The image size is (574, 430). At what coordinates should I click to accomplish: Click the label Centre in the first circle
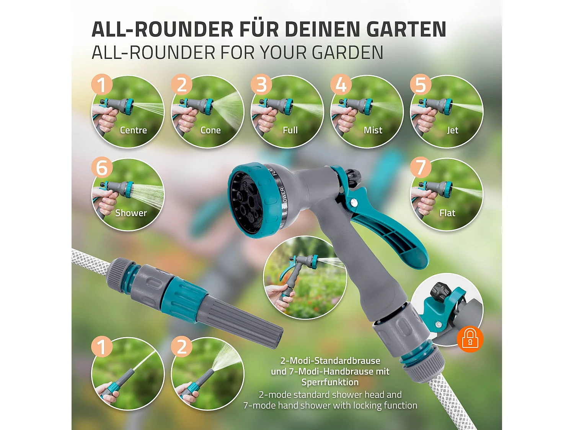pyautogui.click(x=133, y=130)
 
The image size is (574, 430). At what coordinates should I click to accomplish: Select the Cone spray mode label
pyautogui.click(x=210, y=130)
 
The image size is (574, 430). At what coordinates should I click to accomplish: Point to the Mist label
pyautogui.click(x=373, y=130)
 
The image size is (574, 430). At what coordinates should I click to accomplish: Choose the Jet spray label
pyautogui.click(x=452, y=130)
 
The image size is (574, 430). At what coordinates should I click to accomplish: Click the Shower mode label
pyautogui.click(x=131, y=213)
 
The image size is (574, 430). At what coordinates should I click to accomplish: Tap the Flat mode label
pyautogui.click(x=447, y=213)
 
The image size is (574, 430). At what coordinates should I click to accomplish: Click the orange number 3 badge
pyautogui.click(x=261, y=84)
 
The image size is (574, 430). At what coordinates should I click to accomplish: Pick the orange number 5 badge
pyautogui.click(x=421, y=84)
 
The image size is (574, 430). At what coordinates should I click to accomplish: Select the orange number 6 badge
pyautogui.click(x=102, y=167)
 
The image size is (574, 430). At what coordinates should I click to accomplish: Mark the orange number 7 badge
pyautogui.click(x=421, y=167)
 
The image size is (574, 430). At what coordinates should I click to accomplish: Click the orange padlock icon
pyautogui.click(x=470, y=339)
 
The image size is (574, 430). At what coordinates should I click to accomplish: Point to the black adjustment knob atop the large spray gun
pyautogui.click(x=352, y=177)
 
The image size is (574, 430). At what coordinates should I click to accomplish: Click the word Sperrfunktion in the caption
pyautogui.click(x=330, y=382)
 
